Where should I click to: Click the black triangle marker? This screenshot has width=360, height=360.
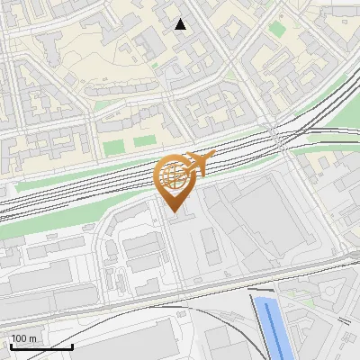pyautogui.click(x=181, y=24)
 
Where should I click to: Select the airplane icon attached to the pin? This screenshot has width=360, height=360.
pyautogui.click(x=199, y=165)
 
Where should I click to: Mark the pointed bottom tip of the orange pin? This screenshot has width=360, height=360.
pyautogui.click(x=174, y=212)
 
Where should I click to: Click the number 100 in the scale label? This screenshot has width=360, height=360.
pyautogui.click(x=20, y=338)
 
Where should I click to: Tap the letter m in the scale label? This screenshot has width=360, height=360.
pyautogui.click(x=33, y=338)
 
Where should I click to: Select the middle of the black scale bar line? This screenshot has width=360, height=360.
pyautogui.click(x=41, y=346)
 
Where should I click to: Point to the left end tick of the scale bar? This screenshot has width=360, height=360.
pyautogui.click(x=11, y=345)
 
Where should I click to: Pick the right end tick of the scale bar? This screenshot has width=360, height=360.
pyautogui.click(x=72, y=345)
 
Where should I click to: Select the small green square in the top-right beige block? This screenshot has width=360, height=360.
pyautogui.click(x=276, y=29)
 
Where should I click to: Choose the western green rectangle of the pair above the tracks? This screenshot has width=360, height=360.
pyautogui.click(x=112, y=147)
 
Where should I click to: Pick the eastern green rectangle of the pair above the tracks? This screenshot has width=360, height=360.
pyautogui.click(x=144, y=141)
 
